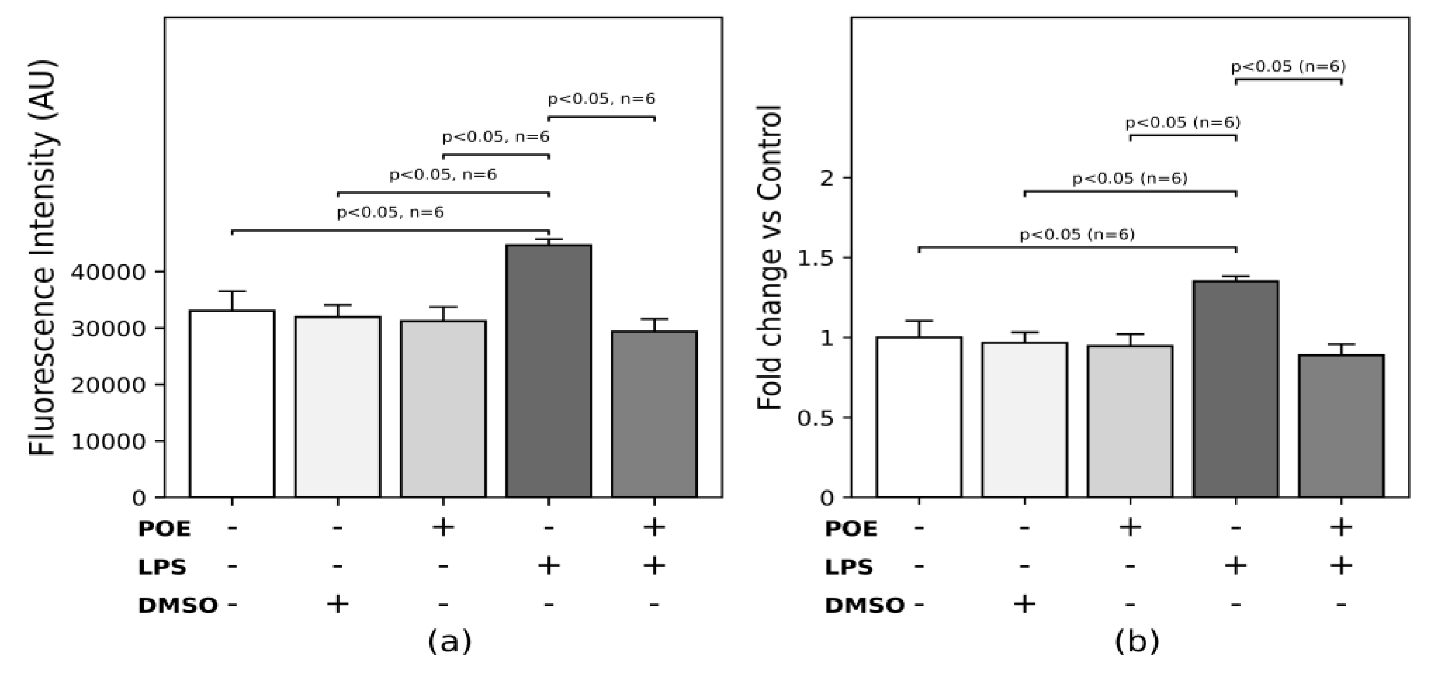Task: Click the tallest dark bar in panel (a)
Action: [x=548, y=370]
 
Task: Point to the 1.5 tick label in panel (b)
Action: [x=817, y=258]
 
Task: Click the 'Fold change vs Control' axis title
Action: [x=770, y=257]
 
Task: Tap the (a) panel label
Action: [x=450, y=641]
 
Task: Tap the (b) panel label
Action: [x=1137, y=641]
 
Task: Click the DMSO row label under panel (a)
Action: [x=177, y=606]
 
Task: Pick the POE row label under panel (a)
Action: [x=164, y=529]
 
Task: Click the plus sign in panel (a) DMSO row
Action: [x=338, y=604]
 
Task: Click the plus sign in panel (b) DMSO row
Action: [x=1025, y=604]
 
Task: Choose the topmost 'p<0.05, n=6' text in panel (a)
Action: [x=601, y=99]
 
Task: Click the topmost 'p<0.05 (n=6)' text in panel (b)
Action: [x=1288, y=67]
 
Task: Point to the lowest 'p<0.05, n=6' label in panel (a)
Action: [x=391, y=213]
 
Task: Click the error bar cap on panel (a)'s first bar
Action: [x=232, y=291]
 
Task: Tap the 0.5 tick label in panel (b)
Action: [x=817, y=418]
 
